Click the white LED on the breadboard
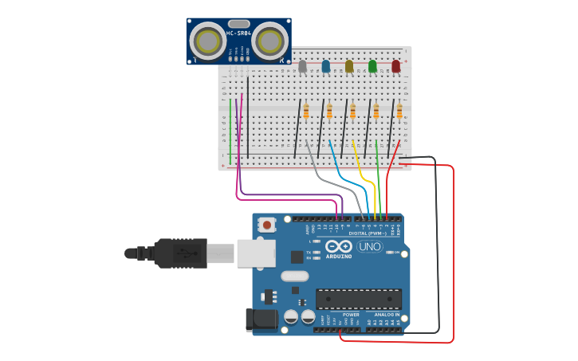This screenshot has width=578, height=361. tap(302, 66)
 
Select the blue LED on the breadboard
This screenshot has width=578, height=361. tap(325, 66)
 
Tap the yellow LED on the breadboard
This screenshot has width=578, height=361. tap(348, 66)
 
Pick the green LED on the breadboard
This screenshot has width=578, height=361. tap(372, 66)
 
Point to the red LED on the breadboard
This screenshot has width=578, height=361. tap(395, 66)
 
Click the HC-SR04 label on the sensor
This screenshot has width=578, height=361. tap(238, 33)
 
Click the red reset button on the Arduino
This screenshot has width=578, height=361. tap(266, 226)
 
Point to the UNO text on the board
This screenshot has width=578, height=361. tap(369, 247)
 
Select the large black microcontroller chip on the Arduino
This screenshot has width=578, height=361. tap(358, 298)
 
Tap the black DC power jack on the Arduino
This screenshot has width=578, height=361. tap(261, 320)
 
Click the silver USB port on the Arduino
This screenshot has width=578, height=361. tap(255, 253)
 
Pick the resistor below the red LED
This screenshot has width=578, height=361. tap(399, 112)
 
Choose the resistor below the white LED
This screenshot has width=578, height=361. tap(306, 112)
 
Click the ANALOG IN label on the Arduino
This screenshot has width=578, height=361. tap(387, 315)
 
